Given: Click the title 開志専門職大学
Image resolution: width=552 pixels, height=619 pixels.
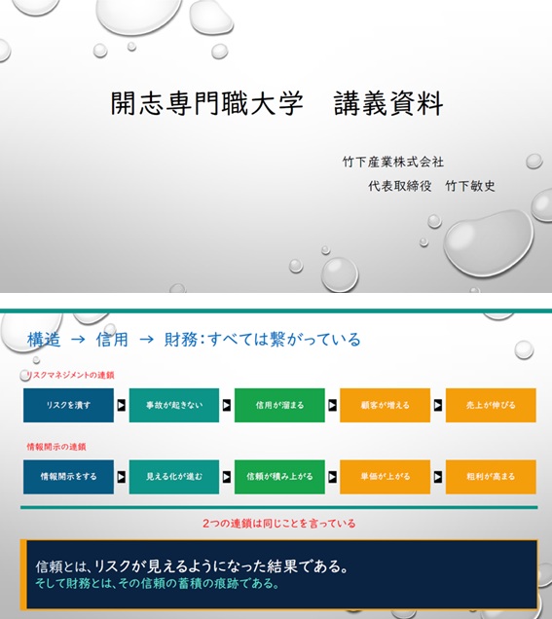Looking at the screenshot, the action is (x=207, y=103).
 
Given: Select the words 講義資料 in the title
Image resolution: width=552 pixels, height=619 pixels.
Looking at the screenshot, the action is (x=388, y=103).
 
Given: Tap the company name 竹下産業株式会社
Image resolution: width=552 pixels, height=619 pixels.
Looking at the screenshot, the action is (x=393, y=162).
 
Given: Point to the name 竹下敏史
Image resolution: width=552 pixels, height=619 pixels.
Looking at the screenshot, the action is (x=470, y=186).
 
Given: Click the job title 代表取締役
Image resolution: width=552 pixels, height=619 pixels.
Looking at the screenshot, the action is (x=399, y=186).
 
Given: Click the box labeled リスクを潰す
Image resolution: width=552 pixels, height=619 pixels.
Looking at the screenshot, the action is (x=68, y=405).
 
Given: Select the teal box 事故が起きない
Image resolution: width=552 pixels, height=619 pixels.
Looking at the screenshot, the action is (x=174, y=405).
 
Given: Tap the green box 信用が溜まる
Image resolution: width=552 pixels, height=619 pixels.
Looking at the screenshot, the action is (x=279, y=405).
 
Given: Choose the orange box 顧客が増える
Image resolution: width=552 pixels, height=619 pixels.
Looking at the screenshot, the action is (x=385, y=405).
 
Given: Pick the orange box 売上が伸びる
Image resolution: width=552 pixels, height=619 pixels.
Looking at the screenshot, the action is (x=491, y=405).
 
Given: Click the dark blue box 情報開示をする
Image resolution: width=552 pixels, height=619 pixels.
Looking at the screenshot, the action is (x=68, y=477).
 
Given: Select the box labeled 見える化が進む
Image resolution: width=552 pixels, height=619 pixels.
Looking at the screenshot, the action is (x=174, y=477).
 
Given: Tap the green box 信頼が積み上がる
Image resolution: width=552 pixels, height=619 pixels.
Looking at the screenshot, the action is (x=279, y=477).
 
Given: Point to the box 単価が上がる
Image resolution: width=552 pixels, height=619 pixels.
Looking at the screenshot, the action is (x=385, y=477).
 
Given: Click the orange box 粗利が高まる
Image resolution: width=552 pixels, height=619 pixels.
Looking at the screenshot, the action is (x=491, y=477).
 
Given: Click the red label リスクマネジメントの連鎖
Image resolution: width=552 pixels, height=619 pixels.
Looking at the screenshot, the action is (x=70, y=375).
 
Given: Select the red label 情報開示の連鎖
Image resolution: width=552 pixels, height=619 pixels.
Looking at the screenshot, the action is (x=56, y=447).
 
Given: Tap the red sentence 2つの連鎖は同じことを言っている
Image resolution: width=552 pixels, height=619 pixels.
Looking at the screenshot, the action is (x=279, y=523).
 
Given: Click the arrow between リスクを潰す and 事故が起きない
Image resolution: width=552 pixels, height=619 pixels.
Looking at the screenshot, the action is (x=122, y=405).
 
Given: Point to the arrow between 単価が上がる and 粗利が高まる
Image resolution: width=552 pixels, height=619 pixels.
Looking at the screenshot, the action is (x=438, y=477).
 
